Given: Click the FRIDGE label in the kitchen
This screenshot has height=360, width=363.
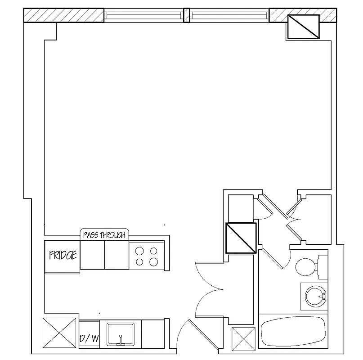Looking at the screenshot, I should (x=63, y=256).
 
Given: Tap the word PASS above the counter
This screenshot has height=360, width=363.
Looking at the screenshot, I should (x=91, y=235).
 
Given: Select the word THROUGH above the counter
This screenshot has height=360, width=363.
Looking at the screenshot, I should (x=114, y=235).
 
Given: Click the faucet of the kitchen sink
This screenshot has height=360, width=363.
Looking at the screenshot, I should (x=121, y=341).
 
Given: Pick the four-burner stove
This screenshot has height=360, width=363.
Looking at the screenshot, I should (x=147, y=256).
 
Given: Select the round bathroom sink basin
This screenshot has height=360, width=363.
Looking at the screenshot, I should (x=314, y=296).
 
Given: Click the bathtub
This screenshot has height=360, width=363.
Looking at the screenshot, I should (x=293, y=332).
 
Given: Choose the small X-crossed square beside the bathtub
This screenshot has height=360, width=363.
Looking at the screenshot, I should (x=243, y=338).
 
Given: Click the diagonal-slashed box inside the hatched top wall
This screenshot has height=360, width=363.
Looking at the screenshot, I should (x=302, y=27).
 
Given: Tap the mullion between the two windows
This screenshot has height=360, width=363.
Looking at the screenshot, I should (x=186, y=15).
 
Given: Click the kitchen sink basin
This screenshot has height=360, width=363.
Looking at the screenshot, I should (x=121, y=334).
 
